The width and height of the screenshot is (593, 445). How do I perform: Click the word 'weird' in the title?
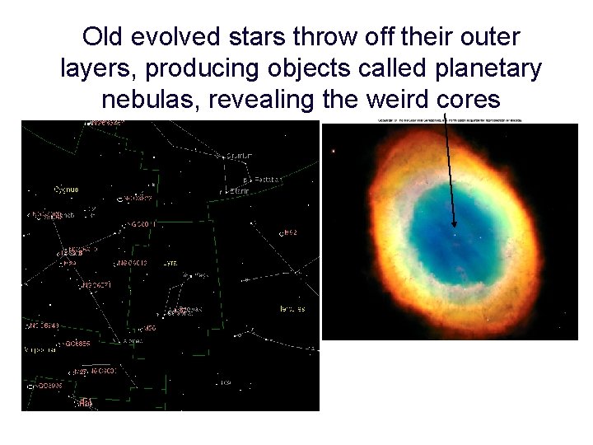pyautogui.click(x=390, y=100)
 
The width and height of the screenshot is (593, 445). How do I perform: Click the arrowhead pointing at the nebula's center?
pyautogui.click(x=454, y=223)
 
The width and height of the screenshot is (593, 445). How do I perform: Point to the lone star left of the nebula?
pyautogui.click(x=333, y=151)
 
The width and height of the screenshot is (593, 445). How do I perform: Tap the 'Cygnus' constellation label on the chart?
pyautogui.click(x=66, y=190)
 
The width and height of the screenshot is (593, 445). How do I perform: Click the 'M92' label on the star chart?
pyautogui.click(x=290, y=233)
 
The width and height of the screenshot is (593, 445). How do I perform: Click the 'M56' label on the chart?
pyautogui.click(x=148, y=328)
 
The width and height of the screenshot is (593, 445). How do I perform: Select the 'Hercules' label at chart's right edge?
pyautogui.click(x=291, y=309)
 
